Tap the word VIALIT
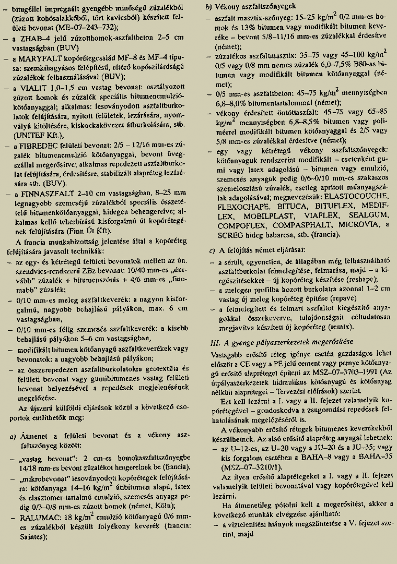(36, 88)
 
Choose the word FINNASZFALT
(49, 193)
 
